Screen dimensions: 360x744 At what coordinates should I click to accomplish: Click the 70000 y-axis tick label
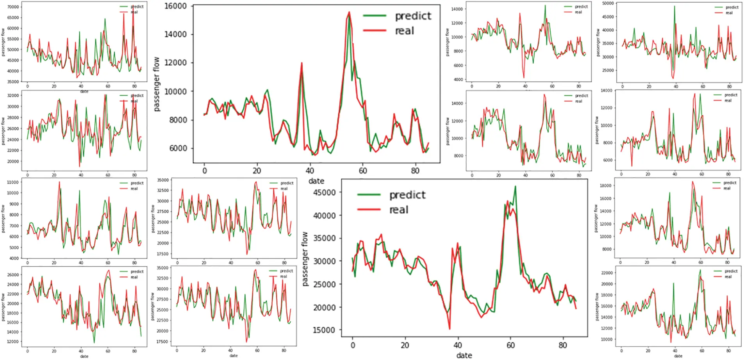tap(13, 7)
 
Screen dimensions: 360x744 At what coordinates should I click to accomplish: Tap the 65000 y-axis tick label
tap(13, 18)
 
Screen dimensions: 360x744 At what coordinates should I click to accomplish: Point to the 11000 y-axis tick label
tap(13, 182)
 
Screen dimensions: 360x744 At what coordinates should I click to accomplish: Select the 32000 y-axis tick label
tap(13, 95)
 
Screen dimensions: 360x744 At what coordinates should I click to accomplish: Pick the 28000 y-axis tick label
tap(13, 118)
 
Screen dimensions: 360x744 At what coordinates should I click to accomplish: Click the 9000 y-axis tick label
tap(14, 204)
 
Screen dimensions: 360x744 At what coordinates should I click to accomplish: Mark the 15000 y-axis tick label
tap(324, 330)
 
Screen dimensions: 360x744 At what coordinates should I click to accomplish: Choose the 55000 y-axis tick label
tap(13, 39)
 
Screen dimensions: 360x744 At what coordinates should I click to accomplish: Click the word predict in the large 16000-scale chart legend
tap(413, 16)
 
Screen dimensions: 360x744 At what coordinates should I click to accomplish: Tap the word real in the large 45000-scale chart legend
tap(398, 210)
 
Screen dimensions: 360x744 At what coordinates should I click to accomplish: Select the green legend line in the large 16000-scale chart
tap(375, 16)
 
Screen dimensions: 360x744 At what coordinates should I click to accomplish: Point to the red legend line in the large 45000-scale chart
tap(369, 210)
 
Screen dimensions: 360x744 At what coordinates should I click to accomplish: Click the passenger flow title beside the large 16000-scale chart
tap(157, 84)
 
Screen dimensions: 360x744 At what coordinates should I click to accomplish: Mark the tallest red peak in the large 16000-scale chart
tap(349, 12)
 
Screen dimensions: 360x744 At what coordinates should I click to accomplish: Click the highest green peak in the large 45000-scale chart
tap(516, 186)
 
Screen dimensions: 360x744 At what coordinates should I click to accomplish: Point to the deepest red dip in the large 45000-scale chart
tap(450, 329)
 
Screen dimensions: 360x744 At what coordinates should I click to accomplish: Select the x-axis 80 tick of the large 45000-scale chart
tap(562, 345)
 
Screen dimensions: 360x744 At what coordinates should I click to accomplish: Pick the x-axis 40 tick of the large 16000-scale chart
tap(310, 171)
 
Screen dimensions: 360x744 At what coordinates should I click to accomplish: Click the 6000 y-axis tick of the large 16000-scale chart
tap(178, 148)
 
